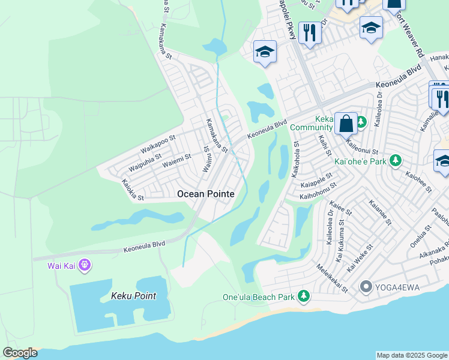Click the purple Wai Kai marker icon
(84, 265)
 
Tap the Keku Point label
(133, 296)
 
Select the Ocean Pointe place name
(205, 194)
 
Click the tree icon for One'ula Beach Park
(304, 296)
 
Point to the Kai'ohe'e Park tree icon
(395, 160)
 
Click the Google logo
(20, 353)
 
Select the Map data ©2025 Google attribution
(412, 355)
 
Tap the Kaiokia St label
(133, 190)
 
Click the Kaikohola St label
(295, 159)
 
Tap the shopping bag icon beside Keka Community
(346, 124)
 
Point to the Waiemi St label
(177, 158)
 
